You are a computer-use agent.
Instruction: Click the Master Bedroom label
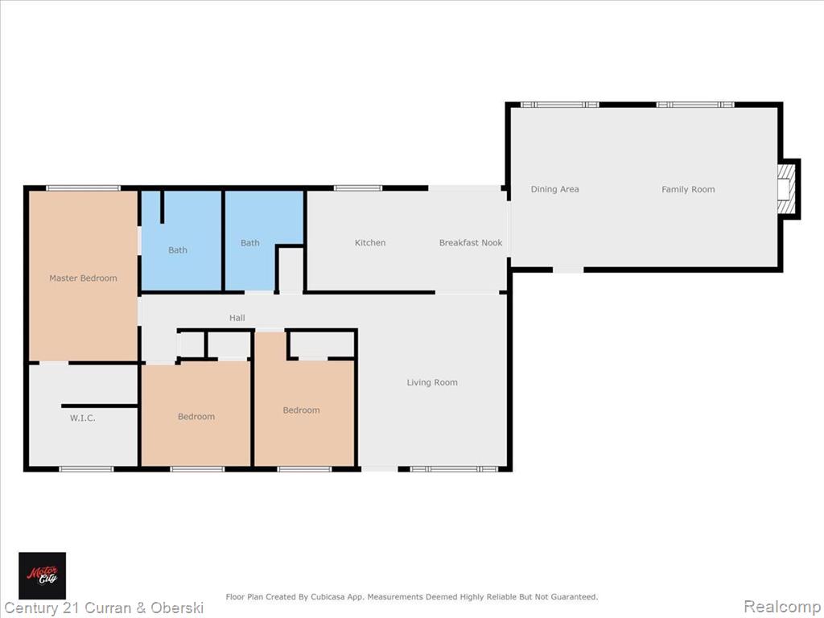click(x=83, y=278)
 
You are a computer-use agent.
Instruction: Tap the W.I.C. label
click(x=83, y=418)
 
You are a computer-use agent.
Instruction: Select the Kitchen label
click(x=370, y=243)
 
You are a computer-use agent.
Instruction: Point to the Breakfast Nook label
click(x=470, y=243)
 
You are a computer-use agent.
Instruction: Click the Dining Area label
click(x=554, y=189)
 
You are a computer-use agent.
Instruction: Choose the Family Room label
click(x=688, y=189)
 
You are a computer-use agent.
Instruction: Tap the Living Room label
click(x=432, y=382)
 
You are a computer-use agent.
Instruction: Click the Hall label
click(x=237, y=318)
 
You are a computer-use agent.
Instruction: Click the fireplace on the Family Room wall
click(x=788, y=189)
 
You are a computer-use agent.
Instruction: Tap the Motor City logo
click(x=43, y=575)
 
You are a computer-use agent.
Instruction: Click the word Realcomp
click(x=781, y=607)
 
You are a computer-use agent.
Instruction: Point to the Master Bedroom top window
click(x=83, y=188)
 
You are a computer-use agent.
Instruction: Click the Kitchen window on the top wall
click(x=358, y=188)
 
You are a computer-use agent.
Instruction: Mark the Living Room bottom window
click(x=454, y=469)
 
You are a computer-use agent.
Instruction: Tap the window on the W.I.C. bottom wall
click(x=86, y=469)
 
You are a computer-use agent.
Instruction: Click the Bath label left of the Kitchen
click(x=250, y=243)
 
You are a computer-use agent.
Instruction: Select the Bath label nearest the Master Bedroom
click(x=178, y=250)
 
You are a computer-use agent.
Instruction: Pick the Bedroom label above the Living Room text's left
click(x=301, y=410)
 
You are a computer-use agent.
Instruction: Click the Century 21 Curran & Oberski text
click(x=104, y=608)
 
